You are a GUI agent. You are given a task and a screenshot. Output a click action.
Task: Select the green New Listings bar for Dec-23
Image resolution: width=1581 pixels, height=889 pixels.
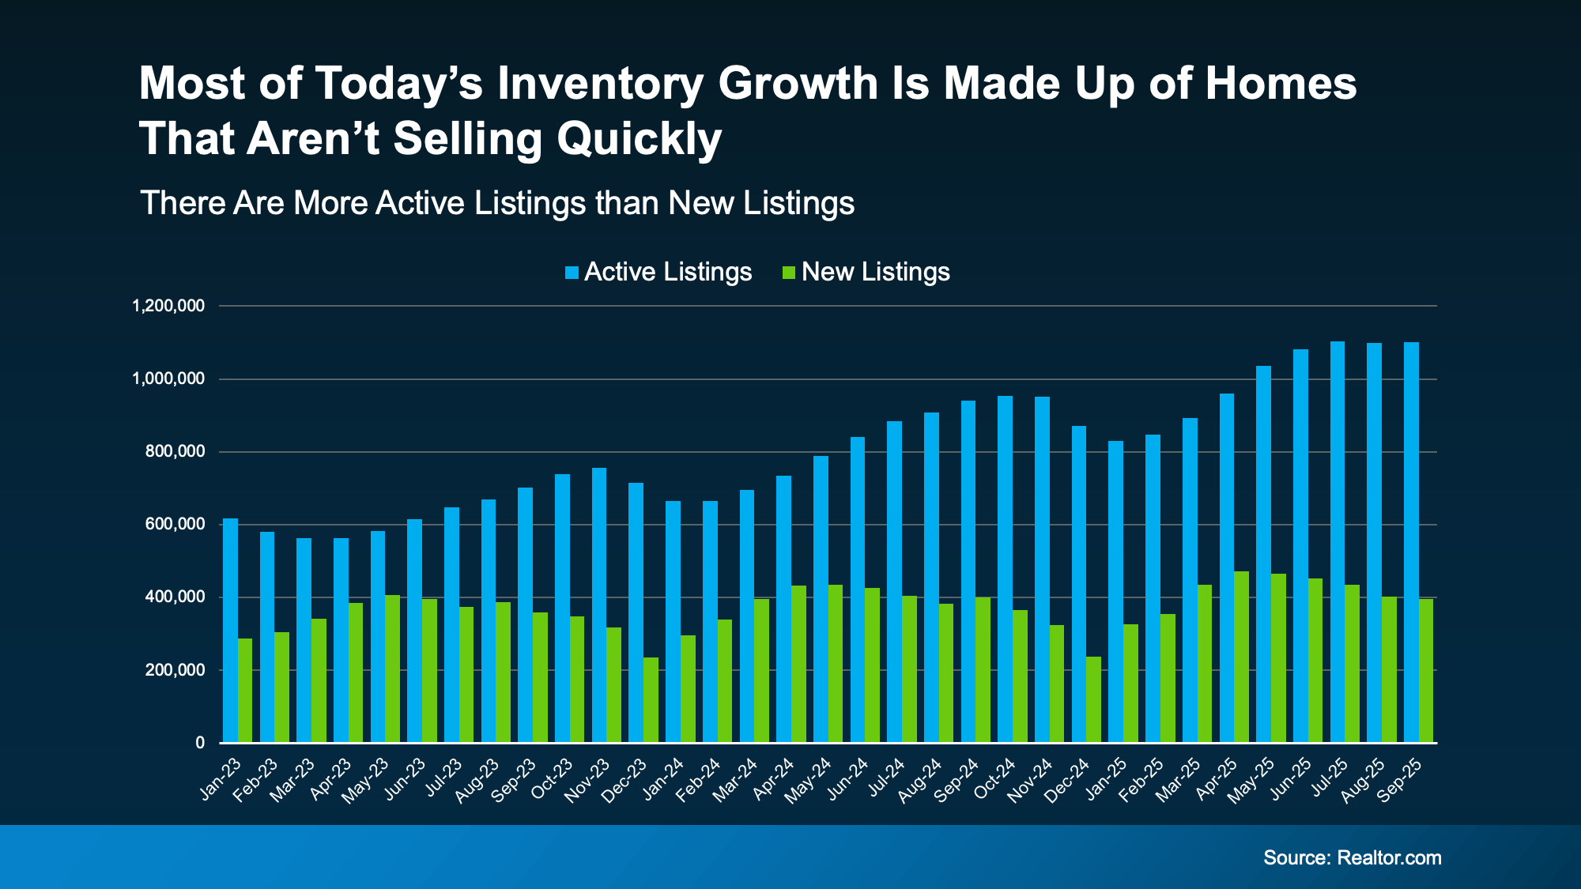point(651,700)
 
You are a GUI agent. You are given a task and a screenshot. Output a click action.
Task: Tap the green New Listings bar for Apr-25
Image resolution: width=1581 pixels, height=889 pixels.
point(1241,657)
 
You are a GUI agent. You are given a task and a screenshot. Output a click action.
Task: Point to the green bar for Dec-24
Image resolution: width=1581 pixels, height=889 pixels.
point(1093,699)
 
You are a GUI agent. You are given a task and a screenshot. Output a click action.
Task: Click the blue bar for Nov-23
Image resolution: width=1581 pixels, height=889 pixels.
point(599,605)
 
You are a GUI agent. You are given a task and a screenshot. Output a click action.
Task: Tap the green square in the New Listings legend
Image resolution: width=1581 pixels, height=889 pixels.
point(788,273)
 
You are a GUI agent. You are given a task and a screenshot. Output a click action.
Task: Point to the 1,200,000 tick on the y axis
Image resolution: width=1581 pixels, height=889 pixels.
point(168,306)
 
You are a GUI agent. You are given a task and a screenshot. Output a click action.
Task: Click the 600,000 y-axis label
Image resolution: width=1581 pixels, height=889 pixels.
point(175,525)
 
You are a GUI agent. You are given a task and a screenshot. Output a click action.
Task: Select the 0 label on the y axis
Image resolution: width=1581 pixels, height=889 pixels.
point(200,743)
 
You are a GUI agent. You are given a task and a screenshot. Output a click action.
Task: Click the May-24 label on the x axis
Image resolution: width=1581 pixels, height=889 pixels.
point(809,780)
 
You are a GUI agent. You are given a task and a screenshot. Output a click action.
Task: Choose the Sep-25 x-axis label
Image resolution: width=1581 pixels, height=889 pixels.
point(1401,780)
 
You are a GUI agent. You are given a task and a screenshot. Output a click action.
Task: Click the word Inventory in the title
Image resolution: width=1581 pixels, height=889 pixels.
point(600,85)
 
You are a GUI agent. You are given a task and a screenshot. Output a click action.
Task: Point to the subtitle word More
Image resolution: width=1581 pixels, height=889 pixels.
point(330,204)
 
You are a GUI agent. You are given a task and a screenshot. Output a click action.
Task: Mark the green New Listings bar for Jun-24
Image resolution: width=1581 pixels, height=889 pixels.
point(872,665)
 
